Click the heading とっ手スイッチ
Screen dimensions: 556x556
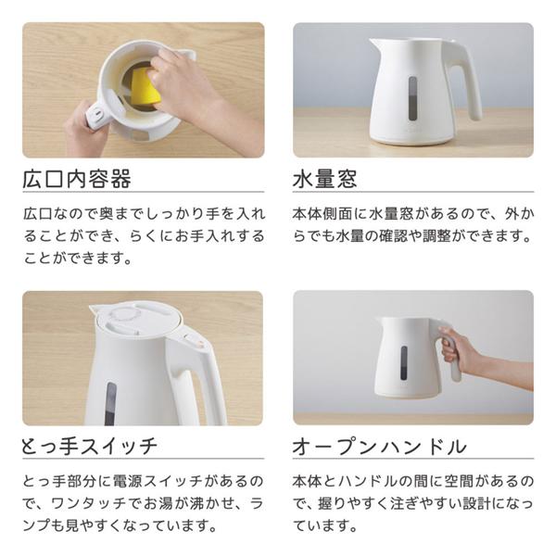[89, 447]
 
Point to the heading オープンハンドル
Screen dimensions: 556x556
[379, 447]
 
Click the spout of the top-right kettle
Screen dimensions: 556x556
[375, 44]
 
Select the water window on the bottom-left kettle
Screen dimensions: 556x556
[110, 403]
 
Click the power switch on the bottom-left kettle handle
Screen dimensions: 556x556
[197, 342]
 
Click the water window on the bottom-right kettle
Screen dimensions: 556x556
[403, 362]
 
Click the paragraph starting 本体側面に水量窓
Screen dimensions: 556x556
[412, 225]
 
